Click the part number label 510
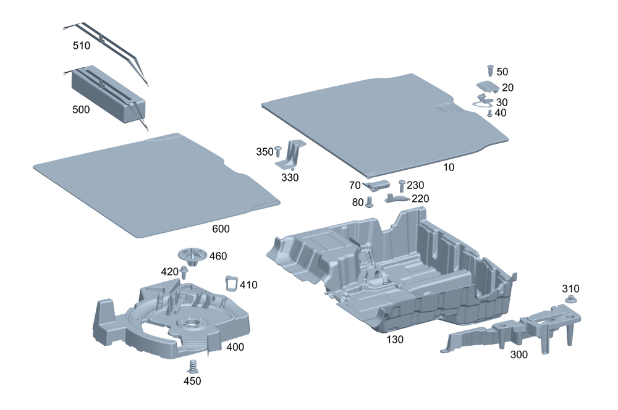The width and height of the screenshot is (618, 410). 81,46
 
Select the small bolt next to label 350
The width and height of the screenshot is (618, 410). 278,150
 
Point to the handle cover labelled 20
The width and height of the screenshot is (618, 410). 487,86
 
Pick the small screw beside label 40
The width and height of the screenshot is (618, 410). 490,114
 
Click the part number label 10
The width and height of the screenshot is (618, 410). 449,167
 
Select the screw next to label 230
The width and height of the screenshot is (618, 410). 402,185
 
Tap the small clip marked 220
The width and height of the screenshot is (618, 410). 397,198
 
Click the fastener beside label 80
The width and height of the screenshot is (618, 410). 370,202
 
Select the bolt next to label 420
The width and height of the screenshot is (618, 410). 184,272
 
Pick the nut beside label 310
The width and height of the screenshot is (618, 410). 570,299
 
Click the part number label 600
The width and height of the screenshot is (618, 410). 221,229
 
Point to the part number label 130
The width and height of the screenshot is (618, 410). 395,339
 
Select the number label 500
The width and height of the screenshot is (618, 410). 81,109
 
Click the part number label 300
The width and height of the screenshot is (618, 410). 519,355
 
